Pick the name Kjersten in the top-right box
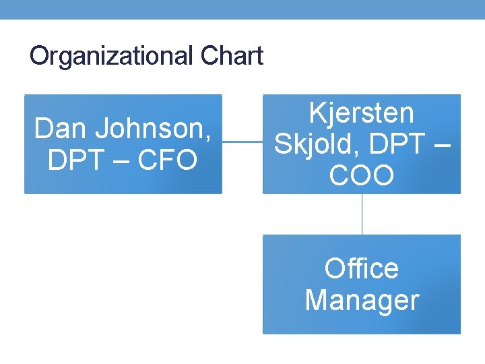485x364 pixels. tap(361, 113)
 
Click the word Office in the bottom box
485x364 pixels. tap(361, 269)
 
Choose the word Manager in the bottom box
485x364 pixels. tap(361, 300)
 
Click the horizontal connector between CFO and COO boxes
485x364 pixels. tap(242, 142)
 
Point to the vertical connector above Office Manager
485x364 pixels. tap(362, 214)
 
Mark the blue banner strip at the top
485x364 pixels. tap(243, 9)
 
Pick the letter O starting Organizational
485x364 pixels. tap(39, 56)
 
